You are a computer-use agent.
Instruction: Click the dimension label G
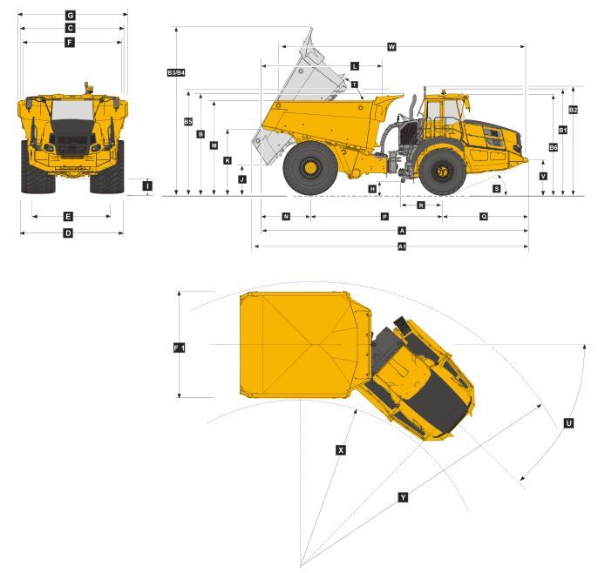[70, 16]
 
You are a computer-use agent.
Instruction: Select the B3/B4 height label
[176, 72]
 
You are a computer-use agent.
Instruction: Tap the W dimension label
[391, 47]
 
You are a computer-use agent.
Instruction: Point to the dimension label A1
[402, 246]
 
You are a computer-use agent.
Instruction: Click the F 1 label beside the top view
[180, 347]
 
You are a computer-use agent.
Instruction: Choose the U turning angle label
[568, 423]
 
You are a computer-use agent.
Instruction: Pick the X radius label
[341, 450]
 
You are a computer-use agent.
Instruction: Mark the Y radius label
[403, 497]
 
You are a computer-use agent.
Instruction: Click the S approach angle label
[496, 189]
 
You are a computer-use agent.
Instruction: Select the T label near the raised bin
[355, 84]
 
